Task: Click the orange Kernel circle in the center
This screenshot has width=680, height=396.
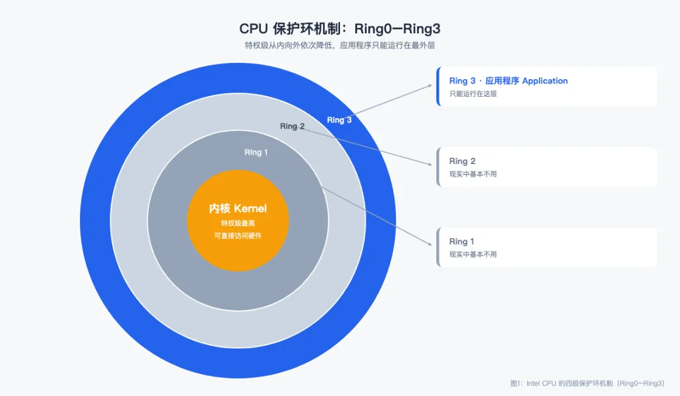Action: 237,221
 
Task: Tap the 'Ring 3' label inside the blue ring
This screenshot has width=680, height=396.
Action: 339,120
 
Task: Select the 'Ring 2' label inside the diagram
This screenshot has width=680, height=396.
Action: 292,126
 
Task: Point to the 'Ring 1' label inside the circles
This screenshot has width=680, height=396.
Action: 256,152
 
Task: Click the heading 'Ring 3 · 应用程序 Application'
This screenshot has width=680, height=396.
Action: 508,81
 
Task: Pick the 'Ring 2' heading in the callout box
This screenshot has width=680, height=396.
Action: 462,161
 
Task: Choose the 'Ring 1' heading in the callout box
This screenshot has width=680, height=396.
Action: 462,241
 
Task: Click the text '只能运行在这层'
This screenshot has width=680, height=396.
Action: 473,94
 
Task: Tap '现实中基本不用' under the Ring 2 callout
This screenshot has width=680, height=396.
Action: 473,174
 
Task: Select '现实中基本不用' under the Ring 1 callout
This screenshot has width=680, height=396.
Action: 473,255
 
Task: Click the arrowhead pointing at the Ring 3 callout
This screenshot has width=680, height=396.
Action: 430,85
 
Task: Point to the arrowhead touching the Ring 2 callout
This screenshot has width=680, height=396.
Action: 430,164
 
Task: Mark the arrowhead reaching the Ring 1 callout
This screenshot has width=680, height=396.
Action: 430,244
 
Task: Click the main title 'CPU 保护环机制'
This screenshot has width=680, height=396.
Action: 290,28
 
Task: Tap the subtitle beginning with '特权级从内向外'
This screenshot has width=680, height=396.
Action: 339,45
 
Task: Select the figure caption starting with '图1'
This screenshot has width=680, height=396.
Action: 587,383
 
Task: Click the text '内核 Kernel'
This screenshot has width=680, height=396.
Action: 237,209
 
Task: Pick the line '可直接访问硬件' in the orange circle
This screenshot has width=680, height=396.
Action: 237,236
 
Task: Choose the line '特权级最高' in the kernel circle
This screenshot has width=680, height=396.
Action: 237,223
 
